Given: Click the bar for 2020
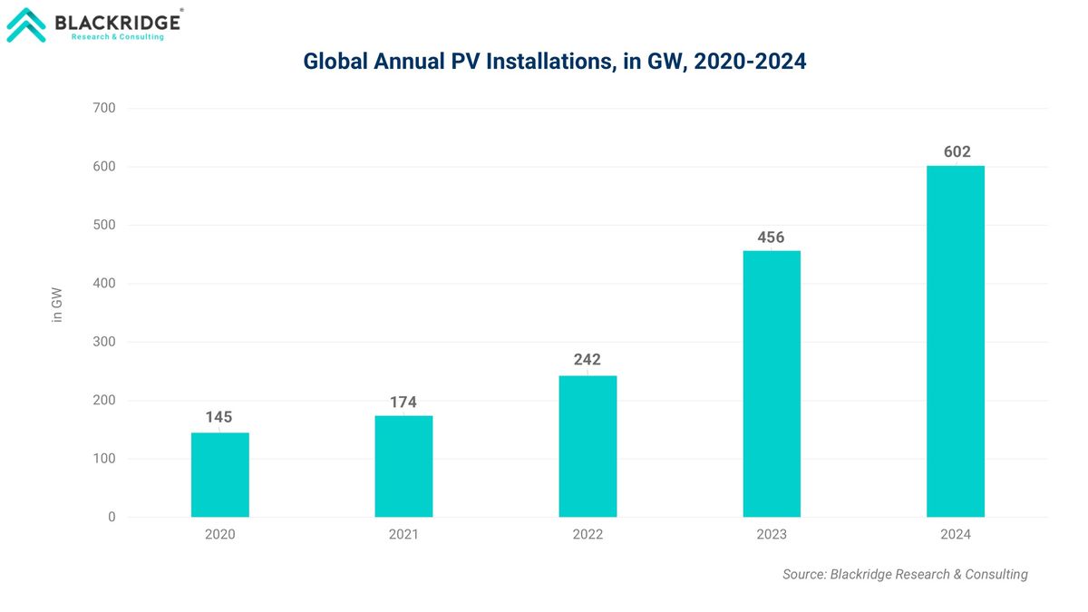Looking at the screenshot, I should point(219,475).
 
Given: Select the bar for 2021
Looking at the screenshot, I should point(403,466).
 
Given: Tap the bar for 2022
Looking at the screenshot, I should point(588,446).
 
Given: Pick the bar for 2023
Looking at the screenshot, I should point(772,384).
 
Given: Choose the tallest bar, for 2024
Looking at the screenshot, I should point(956,341).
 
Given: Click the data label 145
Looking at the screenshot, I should point(219,417).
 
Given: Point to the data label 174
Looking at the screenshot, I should point(403,402).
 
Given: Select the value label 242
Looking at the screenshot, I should point(588,360).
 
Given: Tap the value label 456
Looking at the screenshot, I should point(772,238).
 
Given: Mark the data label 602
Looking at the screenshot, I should point(956,152).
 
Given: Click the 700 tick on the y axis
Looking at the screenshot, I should point(104,108).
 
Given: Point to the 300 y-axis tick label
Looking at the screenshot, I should point(104,342).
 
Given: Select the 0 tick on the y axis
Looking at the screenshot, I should point(112,517).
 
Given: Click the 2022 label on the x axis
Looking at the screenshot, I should point(588,535).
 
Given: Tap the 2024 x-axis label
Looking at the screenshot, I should point(956,535).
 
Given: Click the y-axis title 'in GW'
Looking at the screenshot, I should point(57,305).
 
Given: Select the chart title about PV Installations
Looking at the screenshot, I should point(554,62).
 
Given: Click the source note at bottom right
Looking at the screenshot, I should point(905,574).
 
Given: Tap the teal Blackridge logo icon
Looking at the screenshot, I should point(26,25).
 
